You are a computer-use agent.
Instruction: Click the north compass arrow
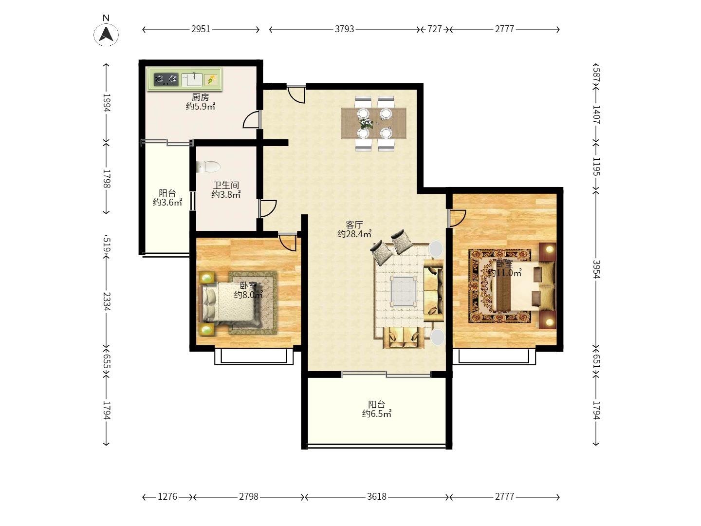click(x=106, y=34)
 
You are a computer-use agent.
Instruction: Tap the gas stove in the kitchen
click(x=166, y=79)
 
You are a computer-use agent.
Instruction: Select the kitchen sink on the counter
click(x=192, y=79)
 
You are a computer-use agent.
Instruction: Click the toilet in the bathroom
click(x=208, y=167)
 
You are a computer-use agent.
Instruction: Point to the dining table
click(x=373, y=123)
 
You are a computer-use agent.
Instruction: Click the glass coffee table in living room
click(x=404, y=291)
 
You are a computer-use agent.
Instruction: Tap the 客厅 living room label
click(x=354, y=225)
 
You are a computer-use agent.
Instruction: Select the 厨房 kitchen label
click(x=200, y=97)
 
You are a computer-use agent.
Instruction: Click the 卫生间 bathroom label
click(x=226, y=185)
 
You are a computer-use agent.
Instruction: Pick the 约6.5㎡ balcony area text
click(x=376, y=413)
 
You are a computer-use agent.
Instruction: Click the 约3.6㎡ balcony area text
click(x=167, y=202)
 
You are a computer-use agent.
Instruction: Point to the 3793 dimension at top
click(x=344, y=29)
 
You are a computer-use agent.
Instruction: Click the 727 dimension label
click(x=434, y=29)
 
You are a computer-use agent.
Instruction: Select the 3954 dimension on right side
click(x=596, y=269)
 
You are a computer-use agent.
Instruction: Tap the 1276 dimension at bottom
click(x=167, y=497)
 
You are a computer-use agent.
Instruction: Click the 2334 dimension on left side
click(x=107, y=301)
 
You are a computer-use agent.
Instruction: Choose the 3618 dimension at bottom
click(x=376, y=497)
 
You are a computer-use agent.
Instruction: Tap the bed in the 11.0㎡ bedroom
click(x=524, y=286)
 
